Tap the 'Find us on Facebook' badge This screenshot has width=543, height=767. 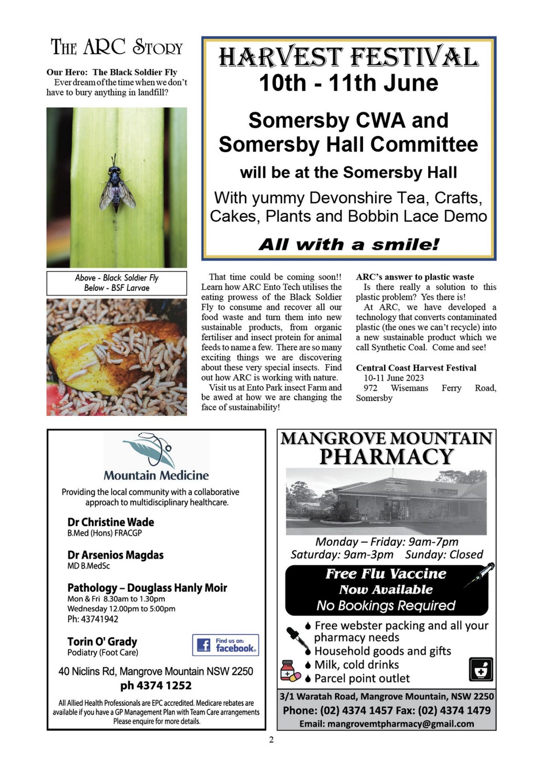226,645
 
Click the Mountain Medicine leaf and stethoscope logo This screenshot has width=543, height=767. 152,450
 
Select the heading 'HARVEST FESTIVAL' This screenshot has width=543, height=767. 348,57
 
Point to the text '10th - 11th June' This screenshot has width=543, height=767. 348,83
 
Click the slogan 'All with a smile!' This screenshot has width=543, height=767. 348,244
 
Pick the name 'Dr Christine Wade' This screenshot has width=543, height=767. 111,522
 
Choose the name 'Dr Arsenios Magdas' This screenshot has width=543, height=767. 116,555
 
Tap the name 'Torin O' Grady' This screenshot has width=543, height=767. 102,642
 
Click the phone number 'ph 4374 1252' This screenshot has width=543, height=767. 156,686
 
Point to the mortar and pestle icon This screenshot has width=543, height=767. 481,670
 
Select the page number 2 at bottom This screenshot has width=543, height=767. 271,739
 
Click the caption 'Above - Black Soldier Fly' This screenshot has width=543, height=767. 117,278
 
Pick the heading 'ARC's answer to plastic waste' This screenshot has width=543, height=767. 415,277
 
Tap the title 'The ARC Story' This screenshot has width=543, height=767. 117,47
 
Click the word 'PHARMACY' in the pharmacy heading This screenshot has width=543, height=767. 386,457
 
